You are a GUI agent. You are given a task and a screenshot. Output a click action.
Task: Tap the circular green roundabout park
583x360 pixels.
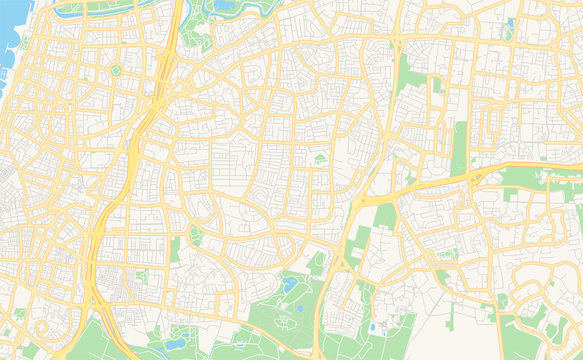[x=115, y=70]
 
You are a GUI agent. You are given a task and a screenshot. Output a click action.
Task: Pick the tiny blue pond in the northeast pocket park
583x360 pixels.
[x=510, y=22]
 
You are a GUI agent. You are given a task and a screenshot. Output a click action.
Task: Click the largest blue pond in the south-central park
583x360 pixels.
[x=289, y=286]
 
